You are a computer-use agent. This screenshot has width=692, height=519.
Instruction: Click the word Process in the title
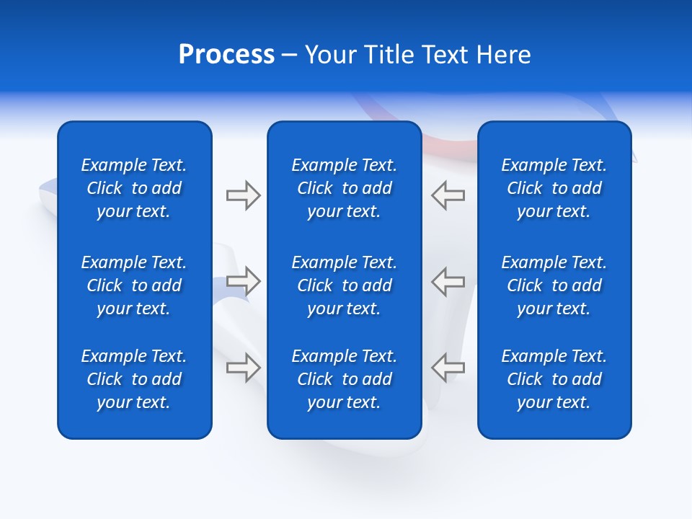coord(226,55)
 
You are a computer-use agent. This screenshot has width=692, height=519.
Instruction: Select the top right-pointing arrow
coord(243,195)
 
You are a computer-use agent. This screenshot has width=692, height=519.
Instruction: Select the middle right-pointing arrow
coord(243,281)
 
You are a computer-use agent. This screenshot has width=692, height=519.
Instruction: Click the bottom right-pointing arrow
coord(243,368)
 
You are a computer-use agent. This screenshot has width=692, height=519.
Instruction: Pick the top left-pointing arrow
coord(448,195)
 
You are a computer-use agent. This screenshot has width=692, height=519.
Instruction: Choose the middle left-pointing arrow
coord(448,281)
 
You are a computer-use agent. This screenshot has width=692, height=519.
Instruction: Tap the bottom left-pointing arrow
coord(448,368)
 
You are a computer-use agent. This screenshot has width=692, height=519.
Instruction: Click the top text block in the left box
coord(134,188)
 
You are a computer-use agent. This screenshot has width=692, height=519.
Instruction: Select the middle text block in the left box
coord(134,285)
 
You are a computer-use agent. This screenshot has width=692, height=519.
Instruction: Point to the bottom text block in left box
coord(134,379)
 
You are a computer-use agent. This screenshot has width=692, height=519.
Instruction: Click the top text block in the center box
coord(345,188)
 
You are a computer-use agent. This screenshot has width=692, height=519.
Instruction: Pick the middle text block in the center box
coord(345,285)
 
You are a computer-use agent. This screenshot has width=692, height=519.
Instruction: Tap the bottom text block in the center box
coord(345,379)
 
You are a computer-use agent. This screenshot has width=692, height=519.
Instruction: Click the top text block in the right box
coord(554,188)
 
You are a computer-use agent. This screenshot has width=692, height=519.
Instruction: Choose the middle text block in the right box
coord(554,285)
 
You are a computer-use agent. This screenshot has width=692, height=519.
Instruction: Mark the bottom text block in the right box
coord(554,379)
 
